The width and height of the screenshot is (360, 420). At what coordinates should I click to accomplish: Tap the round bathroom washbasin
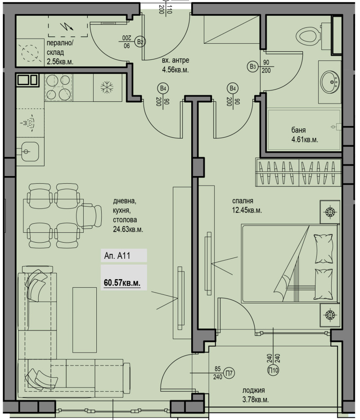330,81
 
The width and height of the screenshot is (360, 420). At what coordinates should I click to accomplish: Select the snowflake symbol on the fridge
107,87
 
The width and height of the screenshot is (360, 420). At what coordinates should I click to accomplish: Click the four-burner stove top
58,87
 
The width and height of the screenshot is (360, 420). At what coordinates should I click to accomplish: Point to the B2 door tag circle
140,41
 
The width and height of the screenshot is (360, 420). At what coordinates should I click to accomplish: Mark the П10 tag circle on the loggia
273,370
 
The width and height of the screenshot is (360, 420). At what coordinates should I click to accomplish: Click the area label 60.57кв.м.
122,283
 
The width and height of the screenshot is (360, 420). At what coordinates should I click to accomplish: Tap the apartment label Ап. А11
117,256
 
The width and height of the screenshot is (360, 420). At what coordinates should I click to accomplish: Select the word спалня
243,201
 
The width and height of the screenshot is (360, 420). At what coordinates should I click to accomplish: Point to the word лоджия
254,390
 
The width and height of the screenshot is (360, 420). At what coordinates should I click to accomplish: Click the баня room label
298,130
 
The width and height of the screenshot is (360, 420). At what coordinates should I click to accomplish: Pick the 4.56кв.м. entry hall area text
175,70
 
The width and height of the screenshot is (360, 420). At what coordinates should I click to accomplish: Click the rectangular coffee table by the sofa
85,320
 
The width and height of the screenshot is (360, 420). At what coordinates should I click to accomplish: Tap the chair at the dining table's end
89,217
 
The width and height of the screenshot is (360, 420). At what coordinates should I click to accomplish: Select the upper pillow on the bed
324,248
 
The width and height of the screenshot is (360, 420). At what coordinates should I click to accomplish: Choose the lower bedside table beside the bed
330,315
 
